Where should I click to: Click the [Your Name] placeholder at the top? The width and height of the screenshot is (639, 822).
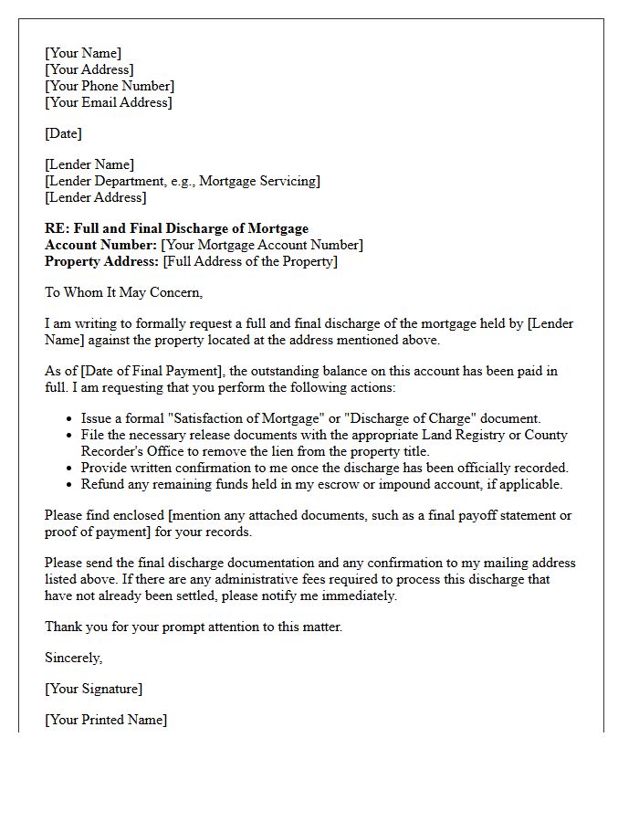83,53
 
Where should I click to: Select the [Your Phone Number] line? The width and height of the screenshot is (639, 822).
110,86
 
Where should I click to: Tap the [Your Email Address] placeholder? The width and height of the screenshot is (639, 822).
108,102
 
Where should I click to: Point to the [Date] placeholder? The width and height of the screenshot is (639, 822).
63,133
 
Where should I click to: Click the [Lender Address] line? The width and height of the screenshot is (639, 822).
95,197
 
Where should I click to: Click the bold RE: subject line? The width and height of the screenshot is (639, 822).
176,228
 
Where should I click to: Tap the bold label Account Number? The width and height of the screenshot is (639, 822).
100,245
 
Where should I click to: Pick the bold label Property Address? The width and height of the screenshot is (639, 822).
102,261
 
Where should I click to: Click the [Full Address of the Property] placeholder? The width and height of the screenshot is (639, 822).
250,261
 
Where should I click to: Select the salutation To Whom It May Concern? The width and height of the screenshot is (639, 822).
123,292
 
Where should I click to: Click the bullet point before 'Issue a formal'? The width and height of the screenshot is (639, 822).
71,419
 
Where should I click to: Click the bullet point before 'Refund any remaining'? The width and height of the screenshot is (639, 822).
71,485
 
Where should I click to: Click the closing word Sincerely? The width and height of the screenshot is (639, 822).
73,658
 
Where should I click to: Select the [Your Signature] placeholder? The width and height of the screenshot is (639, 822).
93,689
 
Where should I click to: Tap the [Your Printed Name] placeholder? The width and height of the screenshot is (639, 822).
106,720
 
